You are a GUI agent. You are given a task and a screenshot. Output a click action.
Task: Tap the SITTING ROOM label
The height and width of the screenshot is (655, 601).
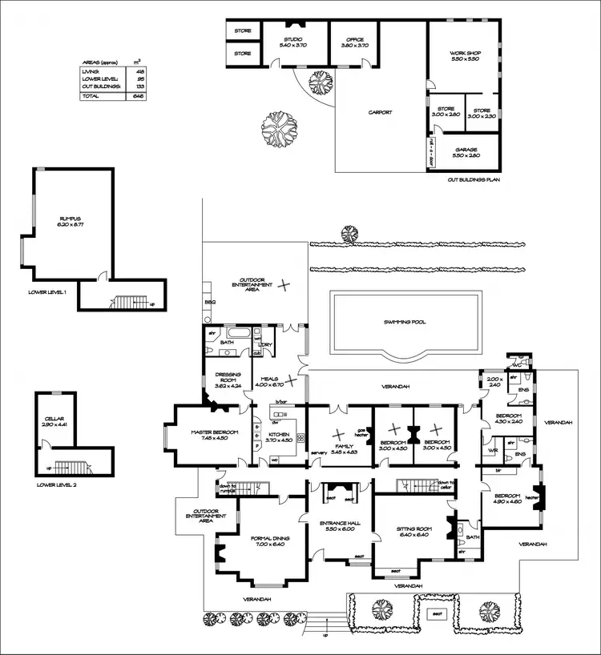point(415,532)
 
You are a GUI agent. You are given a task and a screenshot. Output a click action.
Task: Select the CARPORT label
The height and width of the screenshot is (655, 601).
point(380,113)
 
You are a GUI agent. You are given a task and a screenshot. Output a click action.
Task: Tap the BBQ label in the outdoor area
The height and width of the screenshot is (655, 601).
point(211,303)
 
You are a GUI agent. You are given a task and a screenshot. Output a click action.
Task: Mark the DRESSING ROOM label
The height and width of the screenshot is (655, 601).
point(228,377)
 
